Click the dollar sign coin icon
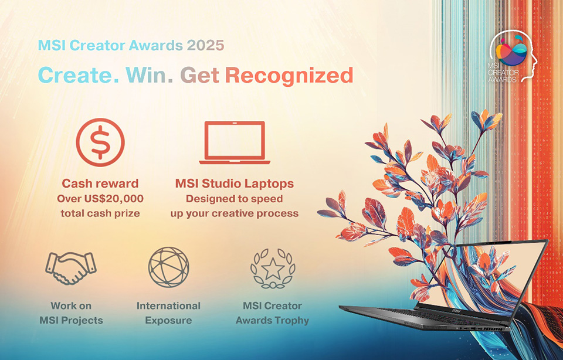100,142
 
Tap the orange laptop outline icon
235,142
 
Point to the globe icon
168,267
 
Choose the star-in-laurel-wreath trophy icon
272,269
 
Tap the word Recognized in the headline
290,76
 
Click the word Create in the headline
77,76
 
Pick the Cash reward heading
100,184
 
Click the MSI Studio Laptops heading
235,184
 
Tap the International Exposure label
168,313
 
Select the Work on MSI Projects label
71,313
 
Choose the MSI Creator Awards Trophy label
272,313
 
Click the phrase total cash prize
100,213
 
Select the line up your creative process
235,213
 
